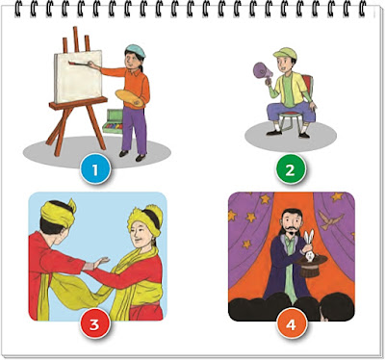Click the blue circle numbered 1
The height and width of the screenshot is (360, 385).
[x=95, y=170]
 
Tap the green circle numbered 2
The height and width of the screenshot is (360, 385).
[x=290, y=170]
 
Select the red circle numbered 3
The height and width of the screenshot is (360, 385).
[x=94, y=324]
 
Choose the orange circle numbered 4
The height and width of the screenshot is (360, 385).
[x=291, y=324]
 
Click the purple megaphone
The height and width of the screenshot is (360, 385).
[x=263, y=71]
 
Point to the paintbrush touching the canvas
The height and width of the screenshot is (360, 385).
[x=79, y=64]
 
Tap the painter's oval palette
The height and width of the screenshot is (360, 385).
[x=130, y=99]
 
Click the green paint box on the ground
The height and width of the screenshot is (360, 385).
[x=113, y=121]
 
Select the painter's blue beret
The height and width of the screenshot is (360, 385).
[x=136, y=50]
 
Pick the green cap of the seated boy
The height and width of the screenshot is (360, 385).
[x=285, y=53]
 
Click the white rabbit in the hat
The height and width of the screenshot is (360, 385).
[x=309, y=246]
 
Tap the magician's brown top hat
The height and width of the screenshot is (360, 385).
[x=311, y=266]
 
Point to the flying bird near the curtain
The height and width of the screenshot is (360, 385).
[x=330, y=219]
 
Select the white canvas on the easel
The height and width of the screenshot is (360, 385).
[x=79, y=77]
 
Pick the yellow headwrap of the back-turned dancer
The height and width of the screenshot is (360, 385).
[x=59, y=212]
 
